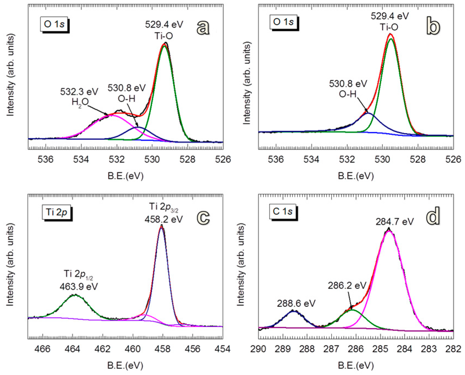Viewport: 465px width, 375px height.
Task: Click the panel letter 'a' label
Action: coord(203,28)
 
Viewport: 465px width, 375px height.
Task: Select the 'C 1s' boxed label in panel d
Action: coord(283,212)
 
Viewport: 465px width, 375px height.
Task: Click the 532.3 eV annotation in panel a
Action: coord(79,92)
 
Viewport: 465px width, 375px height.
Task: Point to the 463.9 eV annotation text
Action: coord(79,286)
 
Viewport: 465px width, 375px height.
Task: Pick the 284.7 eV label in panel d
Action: coord(395,221)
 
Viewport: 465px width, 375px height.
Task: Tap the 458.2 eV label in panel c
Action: coord(164,219)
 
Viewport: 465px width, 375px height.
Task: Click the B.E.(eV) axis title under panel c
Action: coord(125,365)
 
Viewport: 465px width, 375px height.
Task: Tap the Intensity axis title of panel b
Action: coord(247,83)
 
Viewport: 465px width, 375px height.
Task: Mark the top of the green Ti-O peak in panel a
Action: coord(164,46)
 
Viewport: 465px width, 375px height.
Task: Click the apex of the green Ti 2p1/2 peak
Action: coord(75,295)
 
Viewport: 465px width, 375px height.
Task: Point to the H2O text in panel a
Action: coord(80,102)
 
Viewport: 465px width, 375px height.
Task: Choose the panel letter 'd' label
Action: coord(433,216)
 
